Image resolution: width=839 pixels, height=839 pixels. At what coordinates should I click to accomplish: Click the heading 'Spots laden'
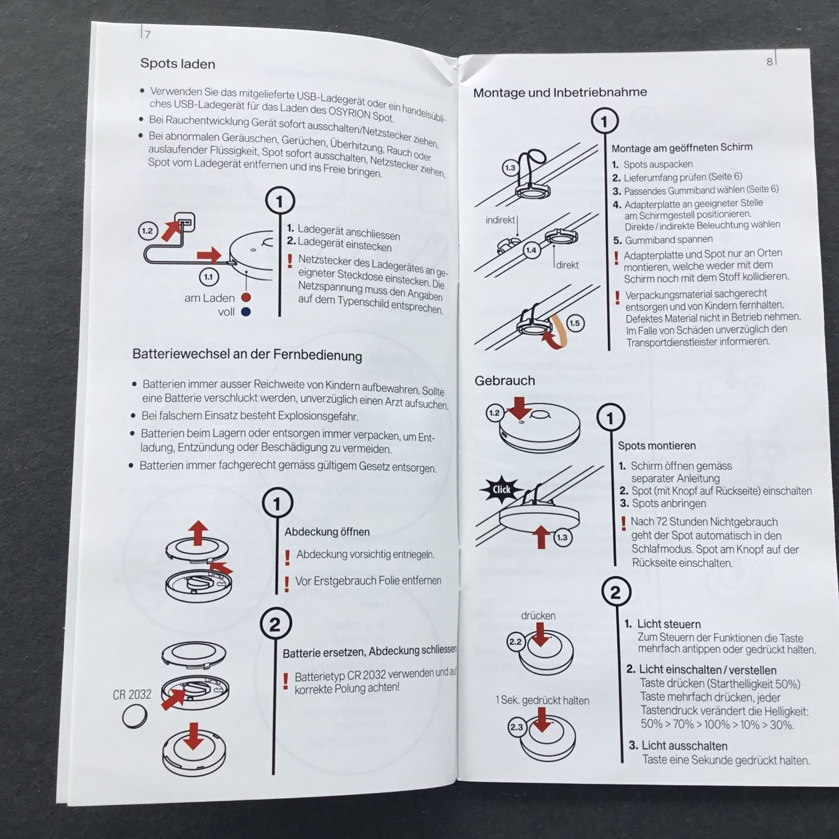178,63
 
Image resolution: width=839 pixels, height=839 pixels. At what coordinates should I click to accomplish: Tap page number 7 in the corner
148,34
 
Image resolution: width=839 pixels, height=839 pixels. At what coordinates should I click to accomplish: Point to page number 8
769,62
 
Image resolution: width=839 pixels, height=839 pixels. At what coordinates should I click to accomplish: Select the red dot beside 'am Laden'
246,297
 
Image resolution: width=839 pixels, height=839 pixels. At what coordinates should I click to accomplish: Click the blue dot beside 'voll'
246,312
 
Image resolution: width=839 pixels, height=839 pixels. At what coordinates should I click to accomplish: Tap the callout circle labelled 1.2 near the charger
147,231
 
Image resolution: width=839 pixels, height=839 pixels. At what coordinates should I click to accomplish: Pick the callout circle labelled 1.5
575,323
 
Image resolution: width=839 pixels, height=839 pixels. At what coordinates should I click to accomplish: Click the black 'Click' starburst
501,489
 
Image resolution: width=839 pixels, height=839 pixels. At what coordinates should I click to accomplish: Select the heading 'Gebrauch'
505,380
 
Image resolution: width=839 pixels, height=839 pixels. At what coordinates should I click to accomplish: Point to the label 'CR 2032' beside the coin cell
132,694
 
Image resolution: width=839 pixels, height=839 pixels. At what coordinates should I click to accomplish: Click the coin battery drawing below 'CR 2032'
134,716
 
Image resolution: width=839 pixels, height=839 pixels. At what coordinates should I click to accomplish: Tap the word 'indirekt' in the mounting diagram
500,220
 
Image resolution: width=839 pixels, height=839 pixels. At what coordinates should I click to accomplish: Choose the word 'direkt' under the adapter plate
567,265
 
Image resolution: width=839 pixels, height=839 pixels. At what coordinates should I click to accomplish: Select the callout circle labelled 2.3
516,727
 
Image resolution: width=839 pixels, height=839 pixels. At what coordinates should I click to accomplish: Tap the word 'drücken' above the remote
538,615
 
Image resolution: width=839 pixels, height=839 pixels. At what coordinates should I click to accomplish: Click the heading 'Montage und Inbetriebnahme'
560,93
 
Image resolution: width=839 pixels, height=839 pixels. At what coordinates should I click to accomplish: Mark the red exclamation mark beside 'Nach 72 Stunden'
623,523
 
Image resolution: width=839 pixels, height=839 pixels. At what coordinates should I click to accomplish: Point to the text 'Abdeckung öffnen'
327,531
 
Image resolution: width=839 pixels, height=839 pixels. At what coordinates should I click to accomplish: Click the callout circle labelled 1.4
531,250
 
